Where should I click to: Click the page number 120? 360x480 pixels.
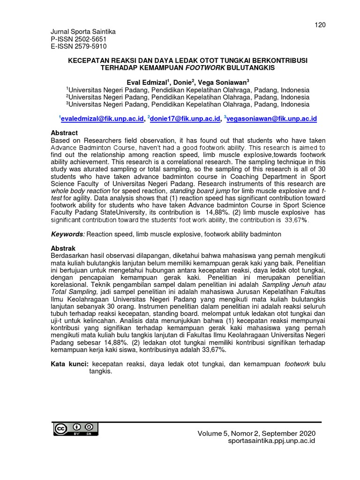point(320,24)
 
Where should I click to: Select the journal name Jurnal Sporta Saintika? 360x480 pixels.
point(82,32)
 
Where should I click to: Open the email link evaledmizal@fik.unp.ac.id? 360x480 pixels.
point(102,120)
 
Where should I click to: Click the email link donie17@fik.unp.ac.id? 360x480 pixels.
point(185,120)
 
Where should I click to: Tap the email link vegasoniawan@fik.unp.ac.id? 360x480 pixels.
point(272,120)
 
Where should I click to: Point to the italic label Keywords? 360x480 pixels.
point(67,233)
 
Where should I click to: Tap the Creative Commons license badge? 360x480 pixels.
point(75,428)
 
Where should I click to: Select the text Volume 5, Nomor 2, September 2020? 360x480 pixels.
point(256,434)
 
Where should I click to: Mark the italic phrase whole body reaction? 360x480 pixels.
point(79,191)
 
